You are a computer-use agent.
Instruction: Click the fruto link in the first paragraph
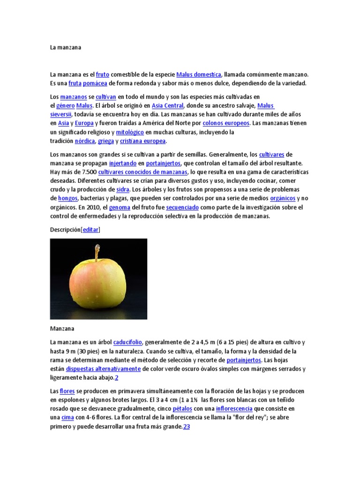tap(103, 75)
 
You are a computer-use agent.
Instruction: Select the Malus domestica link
tap(199, 75)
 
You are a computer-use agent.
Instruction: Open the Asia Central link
tap(168, 105)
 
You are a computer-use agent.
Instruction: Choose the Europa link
tap(84, 123)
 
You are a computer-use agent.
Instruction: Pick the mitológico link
tap(130, 132)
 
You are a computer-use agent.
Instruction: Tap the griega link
tap(106, 141)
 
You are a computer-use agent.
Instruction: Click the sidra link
tap(123, 189)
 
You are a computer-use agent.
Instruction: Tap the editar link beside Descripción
tap(90, 230)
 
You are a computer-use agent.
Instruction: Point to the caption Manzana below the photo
tap(62, 329)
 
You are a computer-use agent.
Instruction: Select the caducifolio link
tap(128, 342)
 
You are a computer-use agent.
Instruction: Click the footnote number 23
tap(186, 427)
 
